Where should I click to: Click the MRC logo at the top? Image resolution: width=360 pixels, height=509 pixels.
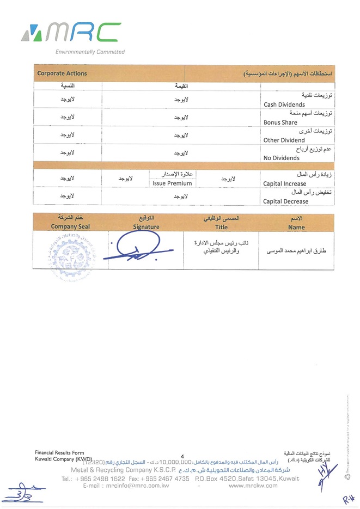coord(71,33)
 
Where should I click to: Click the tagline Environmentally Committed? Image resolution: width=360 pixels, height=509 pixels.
coord(90,52)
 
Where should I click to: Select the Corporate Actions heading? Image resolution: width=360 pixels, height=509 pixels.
coord(62,73)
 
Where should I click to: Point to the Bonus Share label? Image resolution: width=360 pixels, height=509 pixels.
coord(280,122)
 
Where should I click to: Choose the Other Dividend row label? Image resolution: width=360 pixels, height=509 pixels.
coord(284,140)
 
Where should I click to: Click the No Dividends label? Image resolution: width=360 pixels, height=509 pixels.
coord(281,158)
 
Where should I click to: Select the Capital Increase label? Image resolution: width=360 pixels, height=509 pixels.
coord(284,183)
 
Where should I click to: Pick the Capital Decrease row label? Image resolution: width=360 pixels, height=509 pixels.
coord(285,201)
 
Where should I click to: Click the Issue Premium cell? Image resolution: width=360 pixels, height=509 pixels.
coord(172,183)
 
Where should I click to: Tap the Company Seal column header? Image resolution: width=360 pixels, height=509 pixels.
coord(70,226)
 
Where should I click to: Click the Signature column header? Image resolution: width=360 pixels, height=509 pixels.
coord(146,226)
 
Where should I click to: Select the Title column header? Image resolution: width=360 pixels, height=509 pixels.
coord(221,227)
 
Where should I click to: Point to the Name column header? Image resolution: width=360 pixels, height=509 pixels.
coord(297,227)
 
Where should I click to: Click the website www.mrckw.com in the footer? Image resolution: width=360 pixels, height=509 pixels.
coord(253,486)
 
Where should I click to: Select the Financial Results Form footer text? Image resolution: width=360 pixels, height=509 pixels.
coord(59,453)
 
